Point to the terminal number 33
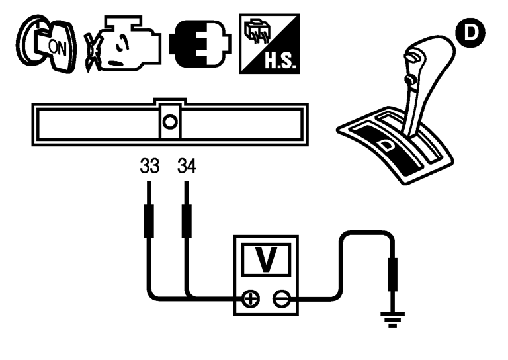tap(149, 165)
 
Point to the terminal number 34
tap(186, 165)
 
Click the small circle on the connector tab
tap(169, 122)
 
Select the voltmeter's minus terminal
tap(280, 299)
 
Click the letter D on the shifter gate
tap(386, 142)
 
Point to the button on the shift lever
tap(409, 80)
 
